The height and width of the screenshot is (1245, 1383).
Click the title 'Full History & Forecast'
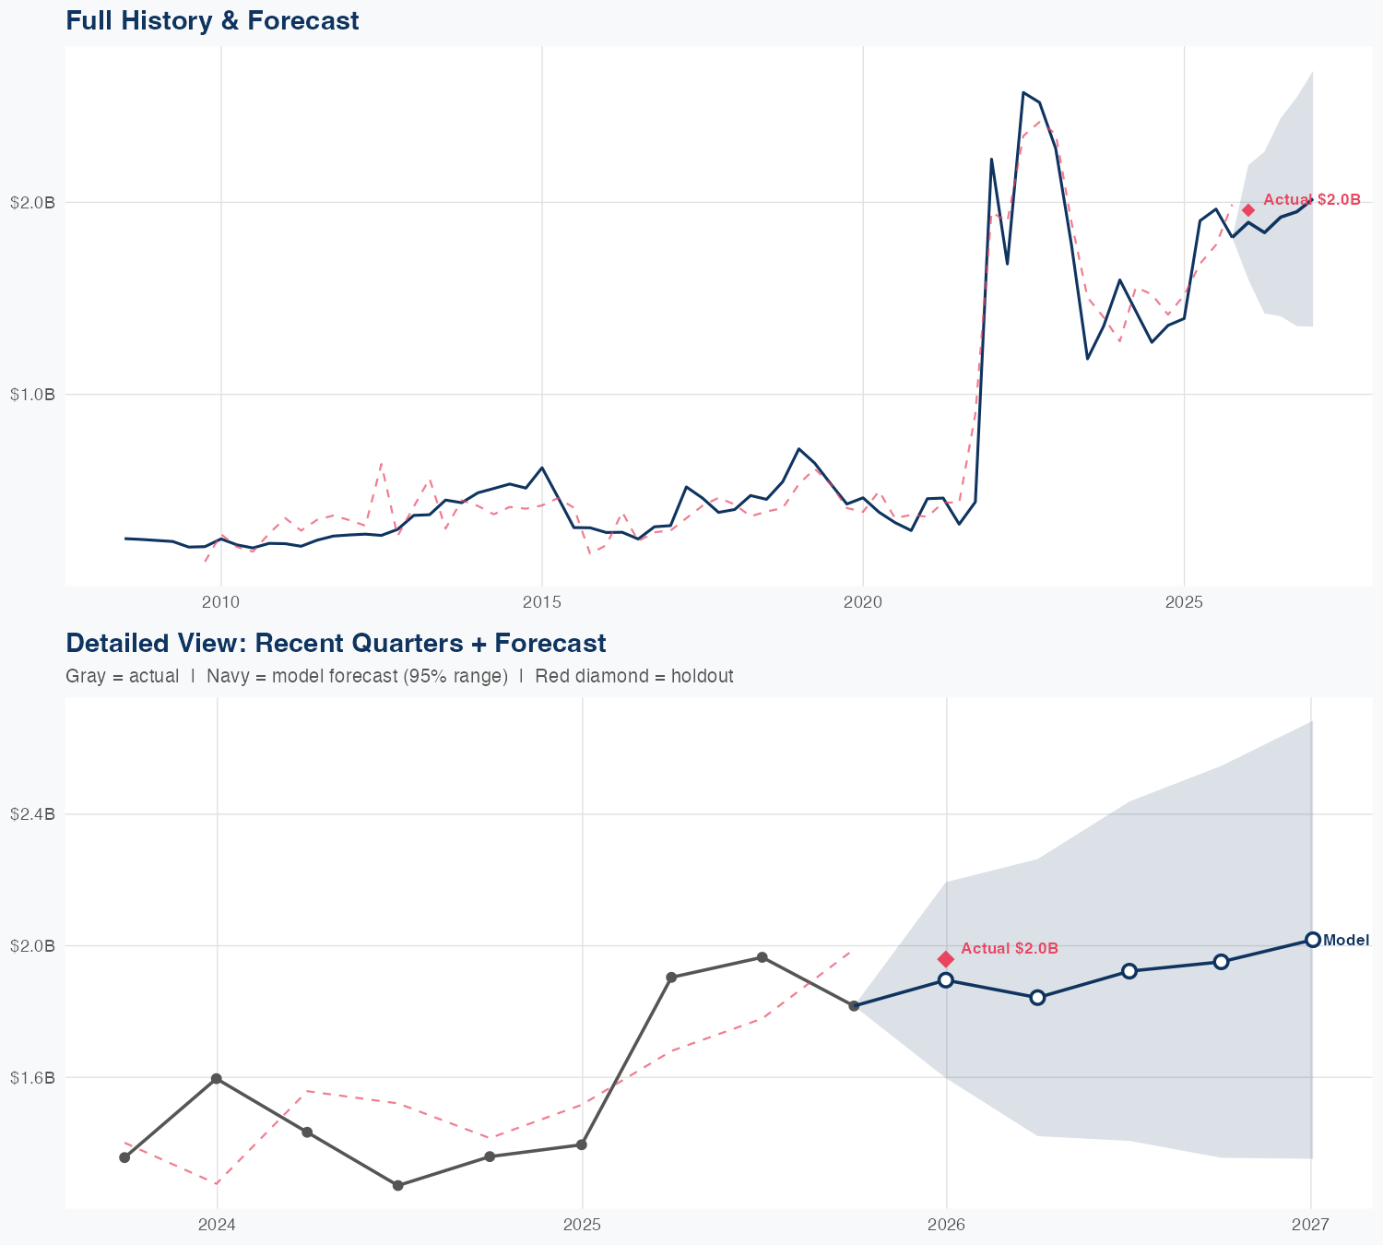(x=212, y=20)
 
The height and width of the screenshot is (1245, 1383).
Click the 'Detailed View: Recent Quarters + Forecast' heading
(x=336, y=643)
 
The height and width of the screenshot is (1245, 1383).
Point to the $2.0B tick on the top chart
(x=32, y=202)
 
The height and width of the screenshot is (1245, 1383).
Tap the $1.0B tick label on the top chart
(x=32, y=395)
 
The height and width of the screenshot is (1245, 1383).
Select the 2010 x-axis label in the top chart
(x=220, y=602)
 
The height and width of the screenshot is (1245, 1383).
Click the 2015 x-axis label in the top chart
(x=541, y=602)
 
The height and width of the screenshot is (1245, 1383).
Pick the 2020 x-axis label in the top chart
(x=862, y=602)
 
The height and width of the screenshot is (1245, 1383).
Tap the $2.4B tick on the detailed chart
(x=32, y=814)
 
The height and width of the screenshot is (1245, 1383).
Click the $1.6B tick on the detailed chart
(x=32, y=1077)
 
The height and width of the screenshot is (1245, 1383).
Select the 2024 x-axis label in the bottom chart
(x=217, y=1225)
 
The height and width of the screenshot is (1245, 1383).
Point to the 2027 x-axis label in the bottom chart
(x=1310, y=1225)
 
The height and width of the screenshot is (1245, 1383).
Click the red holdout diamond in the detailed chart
(x=946, y=959)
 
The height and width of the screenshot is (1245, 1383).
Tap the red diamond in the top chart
(x=1248, y=210)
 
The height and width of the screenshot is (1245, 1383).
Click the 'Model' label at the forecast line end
(x=1346, y=941)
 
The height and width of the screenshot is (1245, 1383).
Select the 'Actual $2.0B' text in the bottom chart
(x=1010, y=948)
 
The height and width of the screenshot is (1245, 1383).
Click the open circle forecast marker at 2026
(x=946, y=979)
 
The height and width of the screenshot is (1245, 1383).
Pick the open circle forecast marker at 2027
(x=1312, y=940)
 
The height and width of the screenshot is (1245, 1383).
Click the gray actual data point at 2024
(x=216, y=1078)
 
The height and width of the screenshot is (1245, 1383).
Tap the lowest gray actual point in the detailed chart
(x=398, y=1185)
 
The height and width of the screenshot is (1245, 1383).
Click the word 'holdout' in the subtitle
(x=702, y=676)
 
